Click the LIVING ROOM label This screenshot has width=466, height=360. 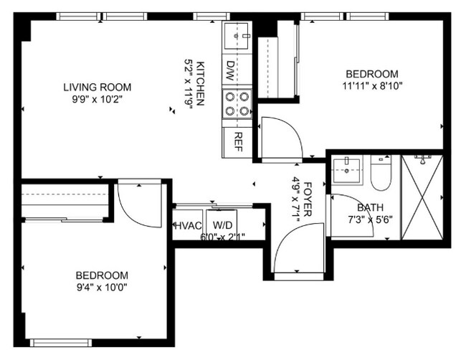click(x=97, y=87)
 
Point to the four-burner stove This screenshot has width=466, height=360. click(x=237, y=103)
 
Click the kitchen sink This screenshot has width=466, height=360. click(x=237, y=34)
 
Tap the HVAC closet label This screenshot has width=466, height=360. click(x=188, y=224)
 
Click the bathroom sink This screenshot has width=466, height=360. click(x=347, y=170)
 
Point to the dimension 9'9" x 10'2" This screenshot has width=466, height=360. click(x=97, y=100)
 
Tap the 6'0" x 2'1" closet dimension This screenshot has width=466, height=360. click(x=222, y=237)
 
